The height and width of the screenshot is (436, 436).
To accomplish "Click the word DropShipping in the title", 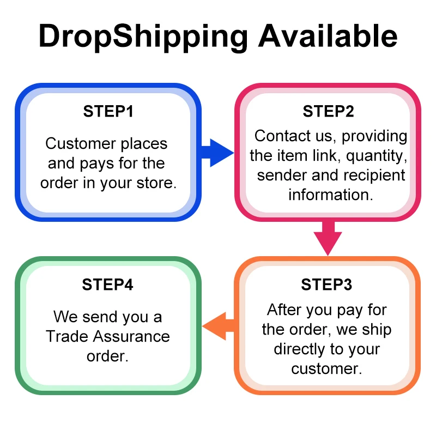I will [143, 37].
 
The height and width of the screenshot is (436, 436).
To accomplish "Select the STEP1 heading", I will [108, 112].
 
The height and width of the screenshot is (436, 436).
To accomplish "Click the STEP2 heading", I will [328, 112].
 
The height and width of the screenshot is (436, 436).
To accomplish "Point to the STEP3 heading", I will [326, 284].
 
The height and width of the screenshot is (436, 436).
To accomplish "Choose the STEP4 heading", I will [108, 284].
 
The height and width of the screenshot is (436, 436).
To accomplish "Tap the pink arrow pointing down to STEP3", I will [328, 237].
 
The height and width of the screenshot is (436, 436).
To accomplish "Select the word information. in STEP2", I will [331, 195].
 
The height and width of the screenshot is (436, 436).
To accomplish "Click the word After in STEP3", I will [285, 310].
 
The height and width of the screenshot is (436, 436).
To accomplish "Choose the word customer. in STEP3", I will [326, 368].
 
